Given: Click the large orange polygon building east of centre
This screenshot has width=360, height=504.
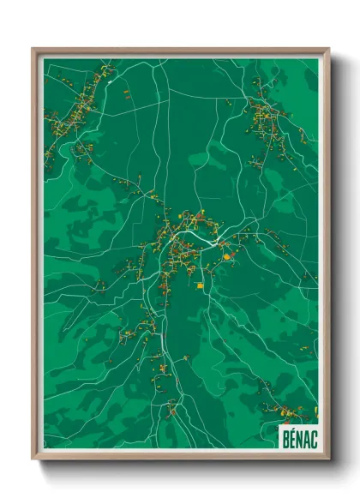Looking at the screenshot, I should (x=226, y=255).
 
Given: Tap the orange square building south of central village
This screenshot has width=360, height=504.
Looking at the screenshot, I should (x=200, y=285).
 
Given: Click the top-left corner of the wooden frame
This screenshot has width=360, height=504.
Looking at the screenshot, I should (x=33, y=49).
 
